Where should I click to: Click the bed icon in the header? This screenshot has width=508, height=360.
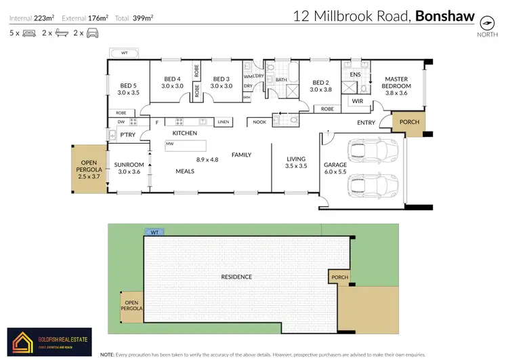pyautogui.click(x=28, y=33)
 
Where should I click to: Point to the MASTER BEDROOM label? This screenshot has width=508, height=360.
pyautogui.click(x=396, y=83)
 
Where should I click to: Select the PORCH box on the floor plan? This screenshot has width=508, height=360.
pyautogui.click(x=409, y=122)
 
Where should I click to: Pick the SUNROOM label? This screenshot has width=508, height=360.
pyautogui.click(x=129, y=165)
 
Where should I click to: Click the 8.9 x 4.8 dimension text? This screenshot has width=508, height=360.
pyautogui.click(x=207, y=159)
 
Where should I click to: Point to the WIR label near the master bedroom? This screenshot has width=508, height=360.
pyautogui.click(x=357, y=102)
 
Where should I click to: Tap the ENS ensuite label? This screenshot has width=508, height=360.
pyautogui.click(x=356, y=74)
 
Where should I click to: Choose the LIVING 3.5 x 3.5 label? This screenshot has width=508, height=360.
pyautogui.click(x=296, y=163)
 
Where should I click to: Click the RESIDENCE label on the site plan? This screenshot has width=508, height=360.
pyautogui.click(x=237, y=277)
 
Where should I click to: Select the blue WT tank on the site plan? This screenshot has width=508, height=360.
pyautogui.click(x=154, y=232)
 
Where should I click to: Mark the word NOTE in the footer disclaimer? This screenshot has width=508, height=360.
pyautogui.click(x=107, y=355)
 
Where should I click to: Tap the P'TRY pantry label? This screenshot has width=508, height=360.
pyautogui.click(x=127, y=135)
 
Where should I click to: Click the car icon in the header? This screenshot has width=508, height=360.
pyautogui.click(x=92, y=33)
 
